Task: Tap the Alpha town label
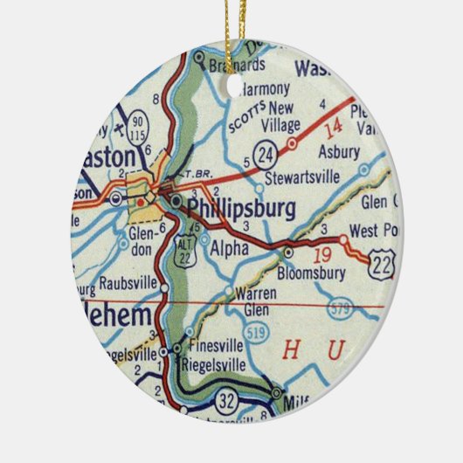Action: (230, 248)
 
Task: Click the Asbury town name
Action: (338, 151)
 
